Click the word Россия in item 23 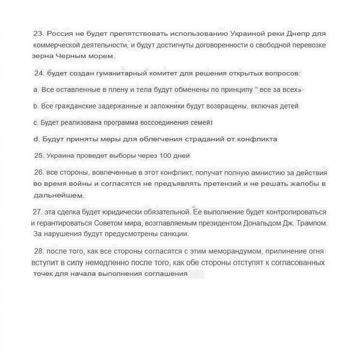pos(59,34)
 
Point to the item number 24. pos(39,74)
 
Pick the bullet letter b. pos(36,106)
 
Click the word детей pos(288,106)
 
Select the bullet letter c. pos(36,123)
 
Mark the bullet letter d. pos(36,139)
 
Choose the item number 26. pos(39,173)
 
